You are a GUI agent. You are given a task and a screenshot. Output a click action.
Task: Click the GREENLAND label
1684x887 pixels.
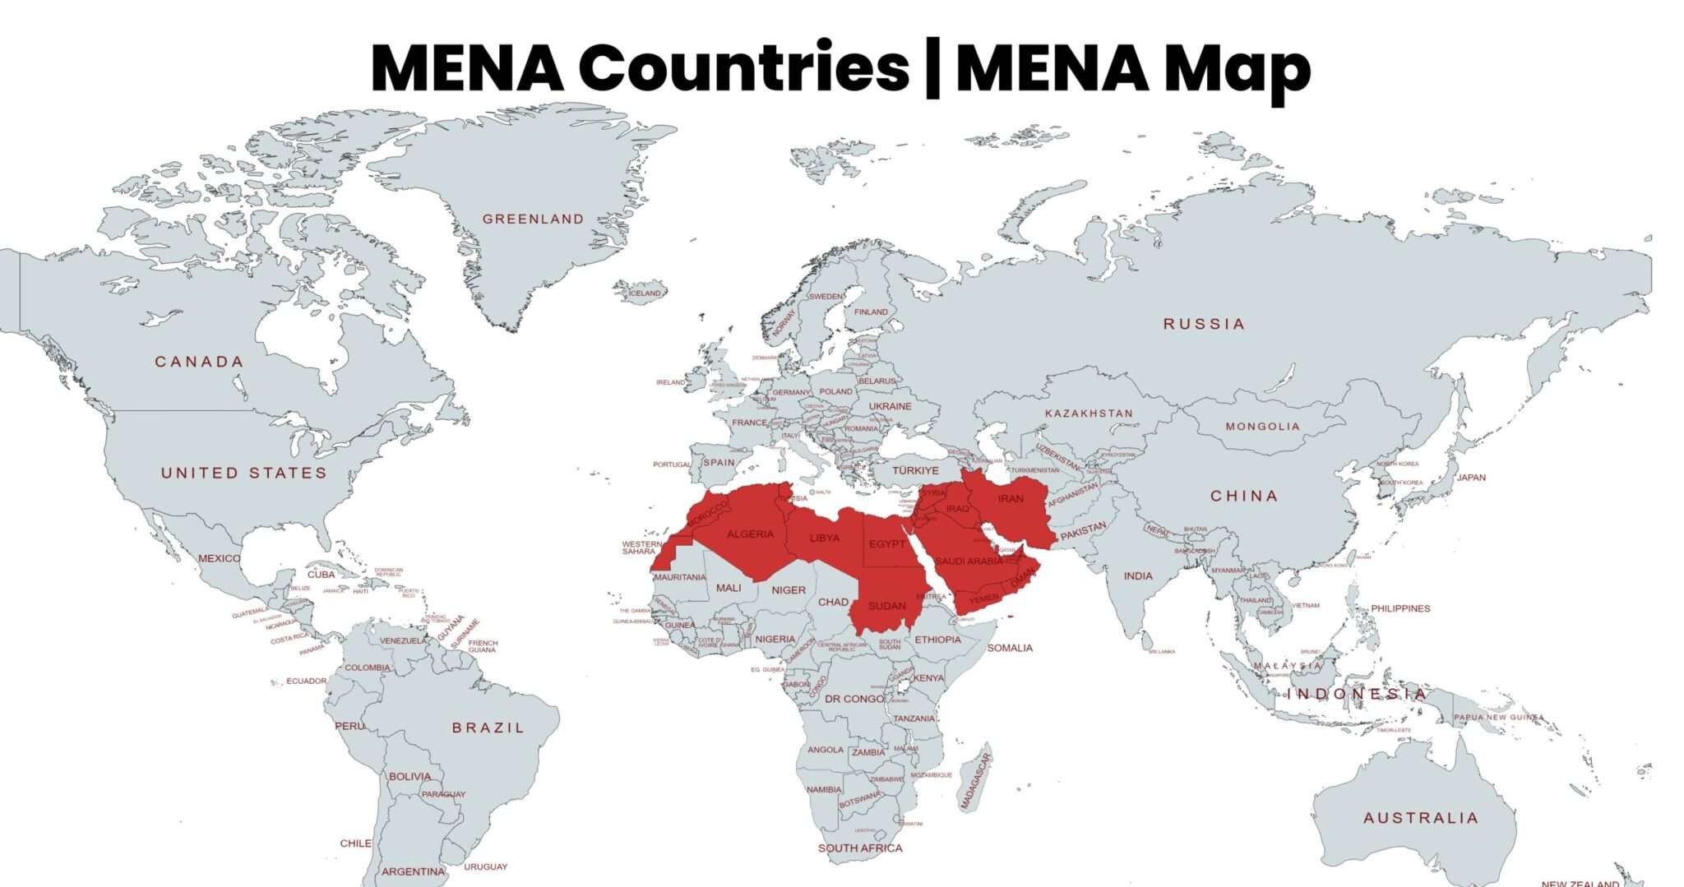[x=533, y=219]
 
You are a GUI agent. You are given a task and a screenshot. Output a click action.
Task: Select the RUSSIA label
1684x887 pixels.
[x=1204, y=324]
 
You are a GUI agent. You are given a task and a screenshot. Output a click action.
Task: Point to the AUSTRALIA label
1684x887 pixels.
[x=1421, y=818]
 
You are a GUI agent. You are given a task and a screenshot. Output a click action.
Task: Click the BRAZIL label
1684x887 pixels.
[x=488, y=728]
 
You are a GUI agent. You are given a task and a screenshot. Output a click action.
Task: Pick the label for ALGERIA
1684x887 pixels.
[x=750, y=534]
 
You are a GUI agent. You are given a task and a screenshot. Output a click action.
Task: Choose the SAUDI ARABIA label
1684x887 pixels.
[x=969, y=561]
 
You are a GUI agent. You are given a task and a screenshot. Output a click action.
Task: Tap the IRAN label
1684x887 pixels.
[x=1011, y=498]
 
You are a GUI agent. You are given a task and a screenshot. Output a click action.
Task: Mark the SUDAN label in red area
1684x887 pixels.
[x=886, y=606]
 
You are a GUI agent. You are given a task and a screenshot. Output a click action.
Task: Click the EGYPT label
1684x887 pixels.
[x=886, y=544]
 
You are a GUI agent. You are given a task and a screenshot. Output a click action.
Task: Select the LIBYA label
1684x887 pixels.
[x=825, y=538]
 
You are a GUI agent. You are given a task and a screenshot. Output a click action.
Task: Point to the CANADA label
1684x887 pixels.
[x=200, y=362]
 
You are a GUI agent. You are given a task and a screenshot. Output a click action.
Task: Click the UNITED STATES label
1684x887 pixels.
[x=244, y=473]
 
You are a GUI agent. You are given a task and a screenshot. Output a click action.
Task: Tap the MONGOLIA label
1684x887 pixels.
[x=1263, y=427]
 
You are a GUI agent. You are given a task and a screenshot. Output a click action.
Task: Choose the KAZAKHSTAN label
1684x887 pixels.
[x=1089, y=413]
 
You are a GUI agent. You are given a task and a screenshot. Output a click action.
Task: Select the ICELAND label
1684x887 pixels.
[x=645, y=293]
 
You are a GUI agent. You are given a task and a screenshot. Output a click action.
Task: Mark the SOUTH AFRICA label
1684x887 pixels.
[x=860, y=848]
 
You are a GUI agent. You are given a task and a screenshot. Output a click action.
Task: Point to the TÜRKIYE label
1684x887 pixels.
[x=915, y=470]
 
